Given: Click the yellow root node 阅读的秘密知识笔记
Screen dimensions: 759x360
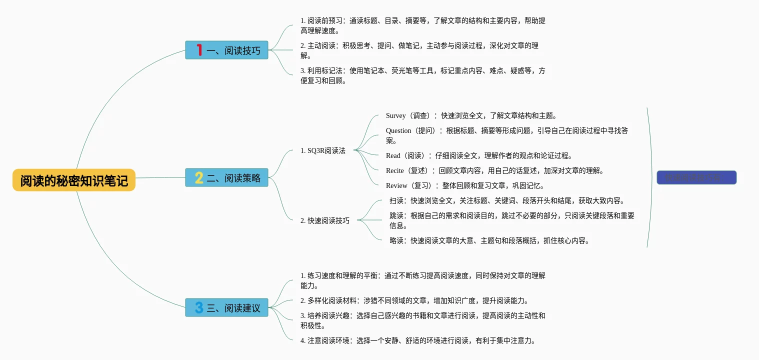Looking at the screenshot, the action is [x=74, y=180].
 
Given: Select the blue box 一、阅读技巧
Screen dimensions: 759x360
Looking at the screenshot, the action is [x=226, y=50].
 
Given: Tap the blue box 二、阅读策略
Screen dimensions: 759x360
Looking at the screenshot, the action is [x=226, y=177].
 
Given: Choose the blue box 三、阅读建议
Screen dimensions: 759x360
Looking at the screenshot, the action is [x=226, y=307].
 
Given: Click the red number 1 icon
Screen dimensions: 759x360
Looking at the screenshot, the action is [x=199, y=50].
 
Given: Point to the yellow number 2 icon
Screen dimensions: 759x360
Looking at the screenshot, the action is [x=199, y=177].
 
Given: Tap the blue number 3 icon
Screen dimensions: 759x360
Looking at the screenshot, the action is [x=199, y=307].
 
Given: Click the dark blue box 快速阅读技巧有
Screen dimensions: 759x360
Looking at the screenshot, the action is [x=696, y=177].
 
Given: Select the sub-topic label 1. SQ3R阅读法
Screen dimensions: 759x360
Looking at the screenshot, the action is [x=323, y=150].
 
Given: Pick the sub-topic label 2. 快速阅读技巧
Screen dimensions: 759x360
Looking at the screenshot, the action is [x=325, y=220].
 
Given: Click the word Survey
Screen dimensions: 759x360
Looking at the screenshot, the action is [x=396, y=115].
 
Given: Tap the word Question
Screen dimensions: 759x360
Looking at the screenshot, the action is [x=398, y=130].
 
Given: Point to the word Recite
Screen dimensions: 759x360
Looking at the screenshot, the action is [x=395, y=170].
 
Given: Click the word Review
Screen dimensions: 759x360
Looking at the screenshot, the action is [x=396, y=185].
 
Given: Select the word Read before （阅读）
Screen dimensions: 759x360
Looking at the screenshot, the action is [x=393, y=155].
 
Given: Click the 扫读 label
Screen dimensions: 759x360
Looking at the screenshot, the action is [x=397, y=200].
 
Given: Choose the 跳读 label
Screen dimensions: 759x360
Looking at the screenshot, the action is [x=397, y=215].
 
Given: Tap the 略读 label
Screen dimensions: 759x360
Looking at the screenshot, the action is [x=397, y=240].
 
